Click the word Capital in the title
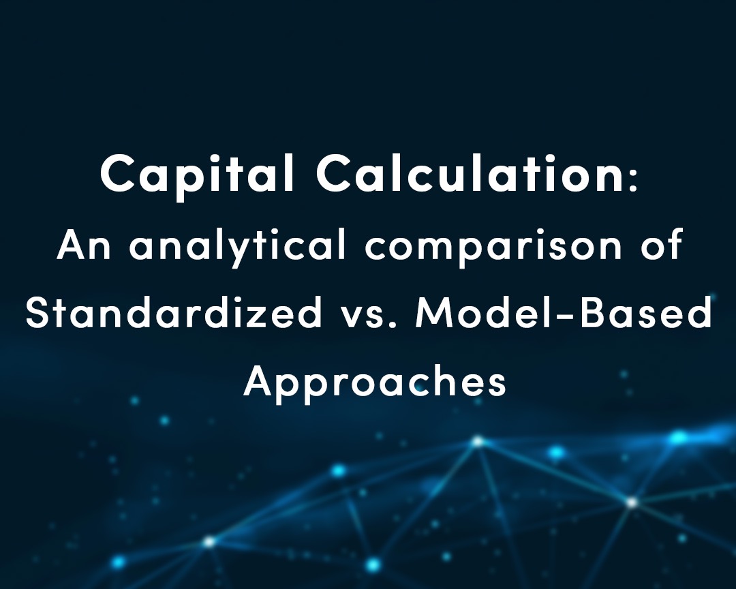pyautogui.click(x=198, y=175)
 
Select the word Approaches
pyautogui.click(x=375, y=382)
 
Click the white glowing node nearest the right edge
pyautogui.click(x=632, y=502)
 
